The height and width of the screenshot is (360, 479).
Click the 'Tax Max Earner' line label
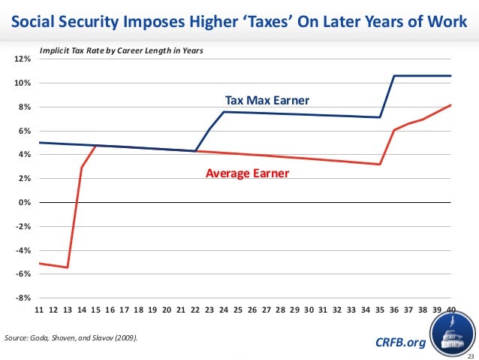coord(267,100)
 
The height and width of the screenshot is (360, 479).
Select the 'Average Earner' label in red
coord(247,174)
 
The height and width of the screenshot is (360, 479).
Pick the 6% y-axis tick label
coord(24,131)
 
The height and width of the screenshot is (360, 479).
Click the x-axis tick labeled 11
coord(40,310)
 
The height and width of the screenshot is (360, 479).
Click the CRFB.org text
coord(399,343)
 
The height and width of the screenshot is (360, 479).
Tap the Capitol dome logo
coord(453,336)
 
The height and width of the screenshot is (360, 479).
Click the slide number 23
coord(471,355)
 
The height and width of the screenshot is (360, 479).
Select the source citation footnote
coord(71,340)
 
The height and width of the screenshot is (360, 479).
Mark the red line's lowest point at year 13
coord(68,268)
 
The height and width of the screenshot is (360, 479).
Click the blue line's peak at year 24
coord(224,112)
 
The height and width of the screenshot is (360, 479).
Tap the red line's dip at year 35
coord(380,165)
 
